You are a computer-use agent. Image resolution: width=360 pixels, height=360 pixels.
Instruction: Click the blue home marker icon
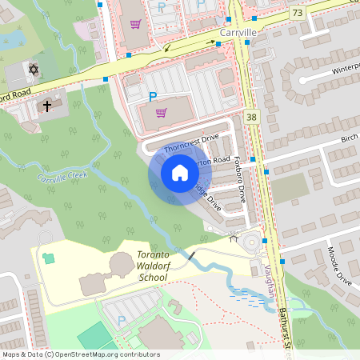[x=179, y=172]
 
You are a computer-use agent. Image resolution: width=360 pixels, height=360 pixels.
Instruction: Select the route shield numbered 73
[x=298, y=14]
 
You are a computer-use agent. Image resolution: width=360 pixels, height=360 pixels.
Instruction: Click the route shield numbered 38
[x=252, y=117]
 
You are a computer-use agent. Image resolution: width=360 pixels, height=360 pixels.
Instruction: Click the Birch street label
[x=349, y=137]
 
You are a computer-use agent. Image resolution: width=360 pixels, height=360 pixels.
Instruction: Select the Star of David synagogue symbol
[x=34, y=70]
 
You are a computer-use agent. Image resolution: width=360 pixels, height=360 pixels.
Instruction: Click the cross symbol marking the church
[x=46, y=105]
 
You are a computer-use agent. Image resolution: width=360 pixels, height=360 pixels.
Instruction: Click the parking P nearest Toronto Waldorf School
[x=122, y=320]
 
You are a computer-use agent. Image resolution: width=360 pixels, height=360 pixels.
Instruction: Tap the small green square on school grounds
[x=49, y=257]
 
